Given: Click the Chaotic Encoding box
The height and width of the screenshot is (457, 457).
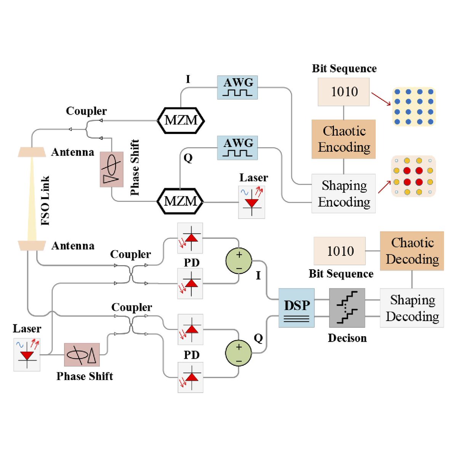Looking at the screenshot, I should tap(343, 139).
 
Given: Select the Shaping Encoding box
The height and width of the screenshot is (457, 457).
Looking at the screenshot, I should tap(343, 193).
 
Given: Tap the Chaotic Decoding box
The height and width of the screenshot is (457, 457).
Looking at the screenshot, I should tap(412, 251).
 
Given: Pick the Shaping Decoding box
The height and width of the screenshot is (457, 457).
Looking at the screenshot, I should tap(412, 308).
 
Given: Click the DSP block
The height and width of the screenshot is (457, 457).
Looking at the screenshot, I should tap(297, 308).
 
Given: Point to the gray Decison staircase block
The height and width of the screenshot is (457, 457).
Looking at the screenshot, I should tap(347, 308).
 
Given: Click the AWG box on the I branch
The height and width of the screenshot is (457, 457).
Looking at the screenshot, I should tap(237, 87).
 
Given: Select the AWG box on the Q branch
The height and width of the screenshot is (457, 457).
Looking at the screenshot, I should tap(237, 148).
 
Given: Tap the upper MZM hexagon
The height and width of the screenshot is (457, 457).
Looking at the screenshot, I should tap(181, 120).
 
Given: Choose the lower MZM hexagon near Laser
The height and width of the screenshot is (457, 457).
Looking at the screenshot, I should tap(180, 201).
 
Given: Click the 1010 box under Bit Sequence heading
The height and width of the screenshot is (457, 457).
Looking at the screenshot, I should tap(343, 92).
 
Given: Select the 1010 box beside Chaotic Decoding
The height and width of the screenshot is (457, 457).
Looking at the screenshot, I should tap(339, 251).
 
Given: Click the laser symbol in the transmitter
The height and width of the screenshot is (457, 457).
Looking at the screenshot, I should tap(252, 202).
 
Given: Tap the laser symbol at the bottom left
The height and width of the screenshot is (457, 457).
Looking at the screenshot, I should tap(27, 354).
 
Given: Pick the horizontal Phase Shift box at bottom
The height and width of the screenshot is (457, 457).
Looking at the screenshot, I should tap(82, 355).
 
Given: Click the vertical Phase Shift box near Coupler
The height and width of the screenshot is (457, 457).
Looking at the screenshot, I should tap(112, 169).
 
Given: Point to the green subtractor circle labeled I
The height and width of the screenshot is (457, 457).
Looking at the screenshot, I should tap(239, 260).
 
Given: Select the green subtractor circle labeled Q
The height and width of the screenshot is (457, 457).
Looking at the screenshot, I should tap(239, 353).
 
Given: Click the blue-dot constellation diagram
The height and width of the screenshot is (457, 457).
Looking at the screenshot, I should tap(414, 107).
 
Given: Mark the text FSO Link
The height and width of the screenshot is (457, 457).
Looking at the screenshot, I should tap(45, 200).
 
